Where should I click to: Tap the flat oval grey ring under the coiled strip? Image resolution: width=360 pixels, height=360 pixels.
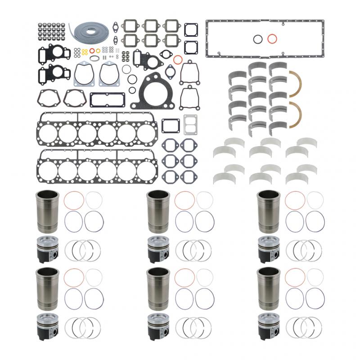click(94, 58)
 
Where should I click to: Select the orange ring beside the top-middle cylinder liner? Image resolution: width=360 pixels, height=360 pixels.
click(184, 200)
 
